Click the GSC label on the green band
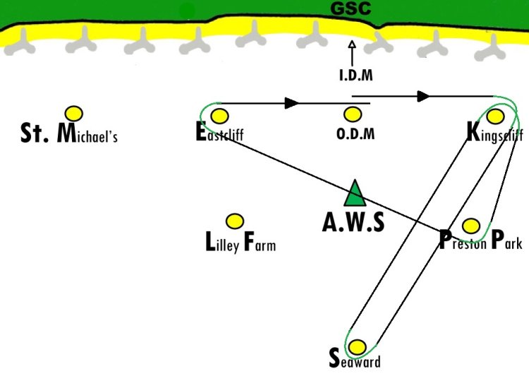click(351, 9)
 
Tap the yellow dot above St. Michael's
click(73, 112)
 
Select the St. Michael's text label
click(68, 133)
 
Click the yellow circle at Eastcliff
click(219, 116)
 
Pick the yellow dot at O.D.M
click(352, 114)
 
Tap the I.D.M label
click(355, 75)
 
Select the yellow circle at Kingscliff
click(495, 115)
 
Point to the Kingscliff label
click(494, 132)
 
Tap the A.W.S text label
click(353, 223)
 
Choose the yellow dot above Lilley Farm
click(233, 222)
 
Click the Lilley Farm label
click(239, 243)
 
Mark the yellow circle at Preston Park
click(471, 226)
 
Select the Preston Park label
click(480, 241)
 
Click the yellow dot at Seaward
click(358, 347)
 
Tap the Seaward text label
click(355, 360)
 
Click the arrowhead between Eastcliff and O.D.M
click(291, 103)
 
